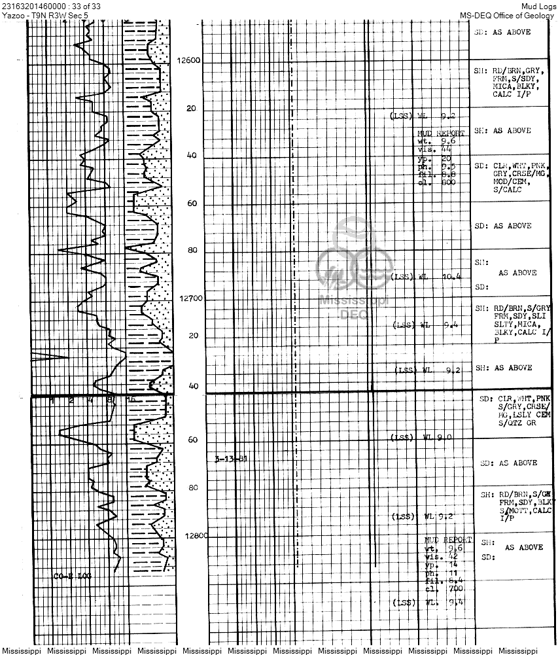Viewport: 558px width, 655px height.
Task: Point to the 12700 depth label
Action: point(191,298)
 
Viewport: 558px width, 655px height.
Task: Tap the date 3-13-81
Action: point(231,459)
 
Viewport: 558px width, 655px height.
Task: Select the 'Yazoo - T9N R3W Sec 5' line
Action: point(45,14)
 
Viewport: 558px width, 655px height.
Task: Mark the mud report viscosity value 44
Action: point(447,149)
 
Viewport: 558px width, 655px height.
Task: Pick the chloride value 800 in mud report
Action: point(447,183)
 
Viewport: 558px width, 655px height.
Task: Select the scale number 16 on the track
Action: point(131,399)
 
